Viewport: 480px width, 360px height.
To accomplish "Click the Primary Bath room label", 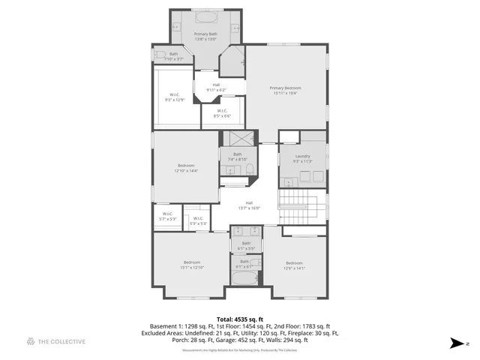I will [x=205, y=37].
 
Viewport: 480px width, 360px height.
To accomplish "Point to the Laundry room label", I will [x=302, y=158].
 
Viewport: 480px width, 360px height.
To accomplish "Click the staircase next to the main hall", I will [x=302, y=208].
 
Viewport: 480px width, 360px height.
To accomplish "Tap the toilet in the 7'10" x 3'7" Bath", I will [x=159, y=55].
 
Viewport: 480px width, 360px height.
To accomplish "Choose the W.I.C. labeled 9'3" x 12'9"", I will [x=174, y=97].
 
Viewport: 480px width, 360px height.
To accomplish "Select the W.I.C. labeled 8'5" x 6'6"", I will [x=221, y=114].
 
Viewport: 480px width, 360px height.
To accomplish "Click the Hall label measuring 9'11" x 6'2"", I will [x=216, y=88].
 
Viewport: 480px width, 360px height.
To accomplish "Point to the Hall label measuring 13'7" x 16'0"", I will [x=249, y=205].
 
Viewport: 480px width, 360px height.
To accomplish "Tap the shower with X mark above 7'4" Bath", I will [x=241, y=139].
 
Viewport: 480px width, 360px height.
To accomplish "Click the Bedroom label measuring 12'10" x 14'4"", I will [x=186, y=168].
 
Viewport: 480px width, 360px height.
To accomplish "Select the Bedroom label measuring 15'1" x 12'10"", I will [x=191, y=265].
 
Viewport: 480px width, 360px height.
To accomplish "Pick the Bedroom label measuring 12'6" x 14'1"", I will [x=294, y=265].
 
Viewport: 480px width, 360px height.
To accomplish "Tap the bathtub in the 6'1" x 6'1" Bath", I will [x=243, y=279].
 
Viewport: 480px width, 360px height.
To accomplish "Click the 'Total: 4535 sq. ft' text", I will [x=239, y=319].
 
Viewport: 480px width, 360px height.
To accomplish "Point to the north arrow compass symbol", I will [x=455, y=342].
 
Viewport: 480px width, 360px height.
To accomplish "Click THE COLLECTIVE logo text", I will [x=61, y=342].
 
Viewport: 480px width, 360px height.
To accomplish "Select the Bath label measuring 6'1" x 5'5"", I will [x=245, y=245].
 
